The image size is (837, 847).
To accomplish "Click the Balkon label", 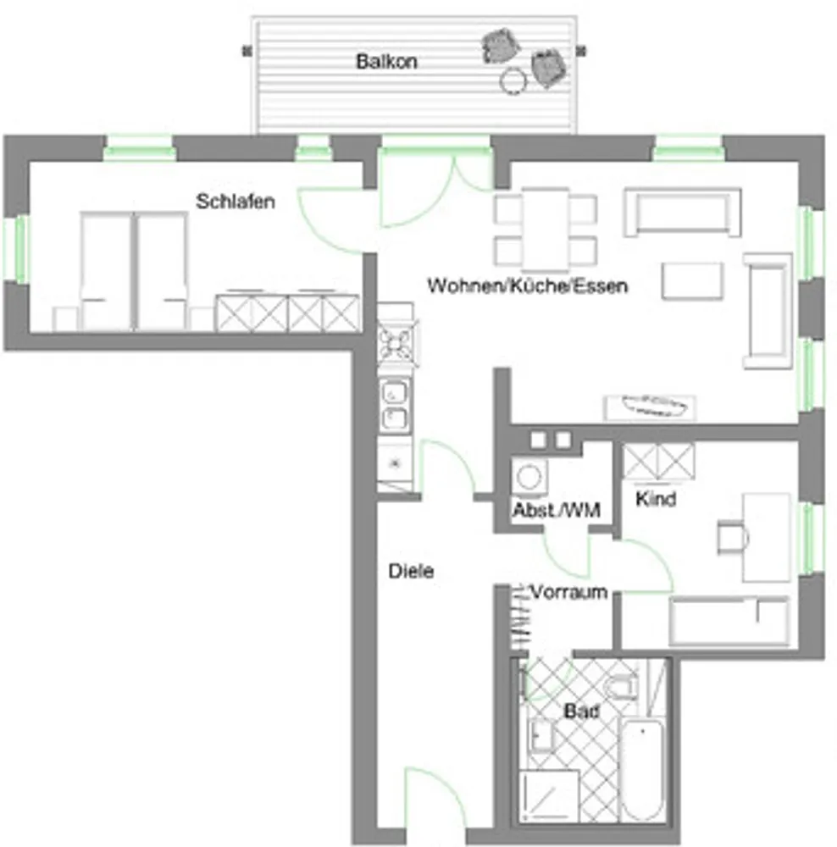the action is (x=386, y=61).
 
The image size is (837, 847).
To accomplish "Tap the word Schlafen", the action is (x=235, y=202).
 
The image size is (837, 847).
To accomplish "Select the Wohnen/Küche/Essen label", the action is (x=528, y=285).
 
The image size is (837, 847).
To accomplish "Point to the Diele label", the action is (x=411, y=571).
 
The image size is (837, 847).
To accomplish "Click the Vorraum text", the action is (x=569, y=592).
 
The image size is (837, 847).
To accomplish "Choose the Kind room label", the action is (x=656, y=499).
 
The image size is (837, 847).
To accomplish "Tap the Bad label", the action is (x=581, y=711).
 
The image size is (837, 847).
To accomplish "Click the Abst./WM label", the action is (x=556, y=510).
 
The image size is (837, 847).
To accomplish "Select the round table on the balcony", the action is (x=513, y=80).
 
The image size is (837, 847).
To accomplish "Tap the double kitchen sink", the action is (x=394, y=405).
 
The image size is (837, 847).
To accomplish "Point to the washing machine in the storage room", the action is (x=529, y=476).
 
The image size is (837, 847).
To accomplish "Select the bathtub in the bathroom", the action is (x=641, y=770).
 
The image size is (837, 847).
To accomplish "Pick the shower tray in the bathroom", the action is (x=548, y=796).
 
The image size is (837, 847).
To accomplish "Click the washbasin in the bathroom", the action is (x=540, y=736).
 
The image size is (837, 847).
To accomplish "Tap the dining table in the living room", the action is (x=546, y=230).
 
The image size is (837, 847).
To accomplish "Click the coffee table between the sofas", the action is (x=692, y=281).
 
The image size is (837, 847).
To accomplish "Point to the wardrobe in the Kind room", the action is (x=658, y=462).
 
